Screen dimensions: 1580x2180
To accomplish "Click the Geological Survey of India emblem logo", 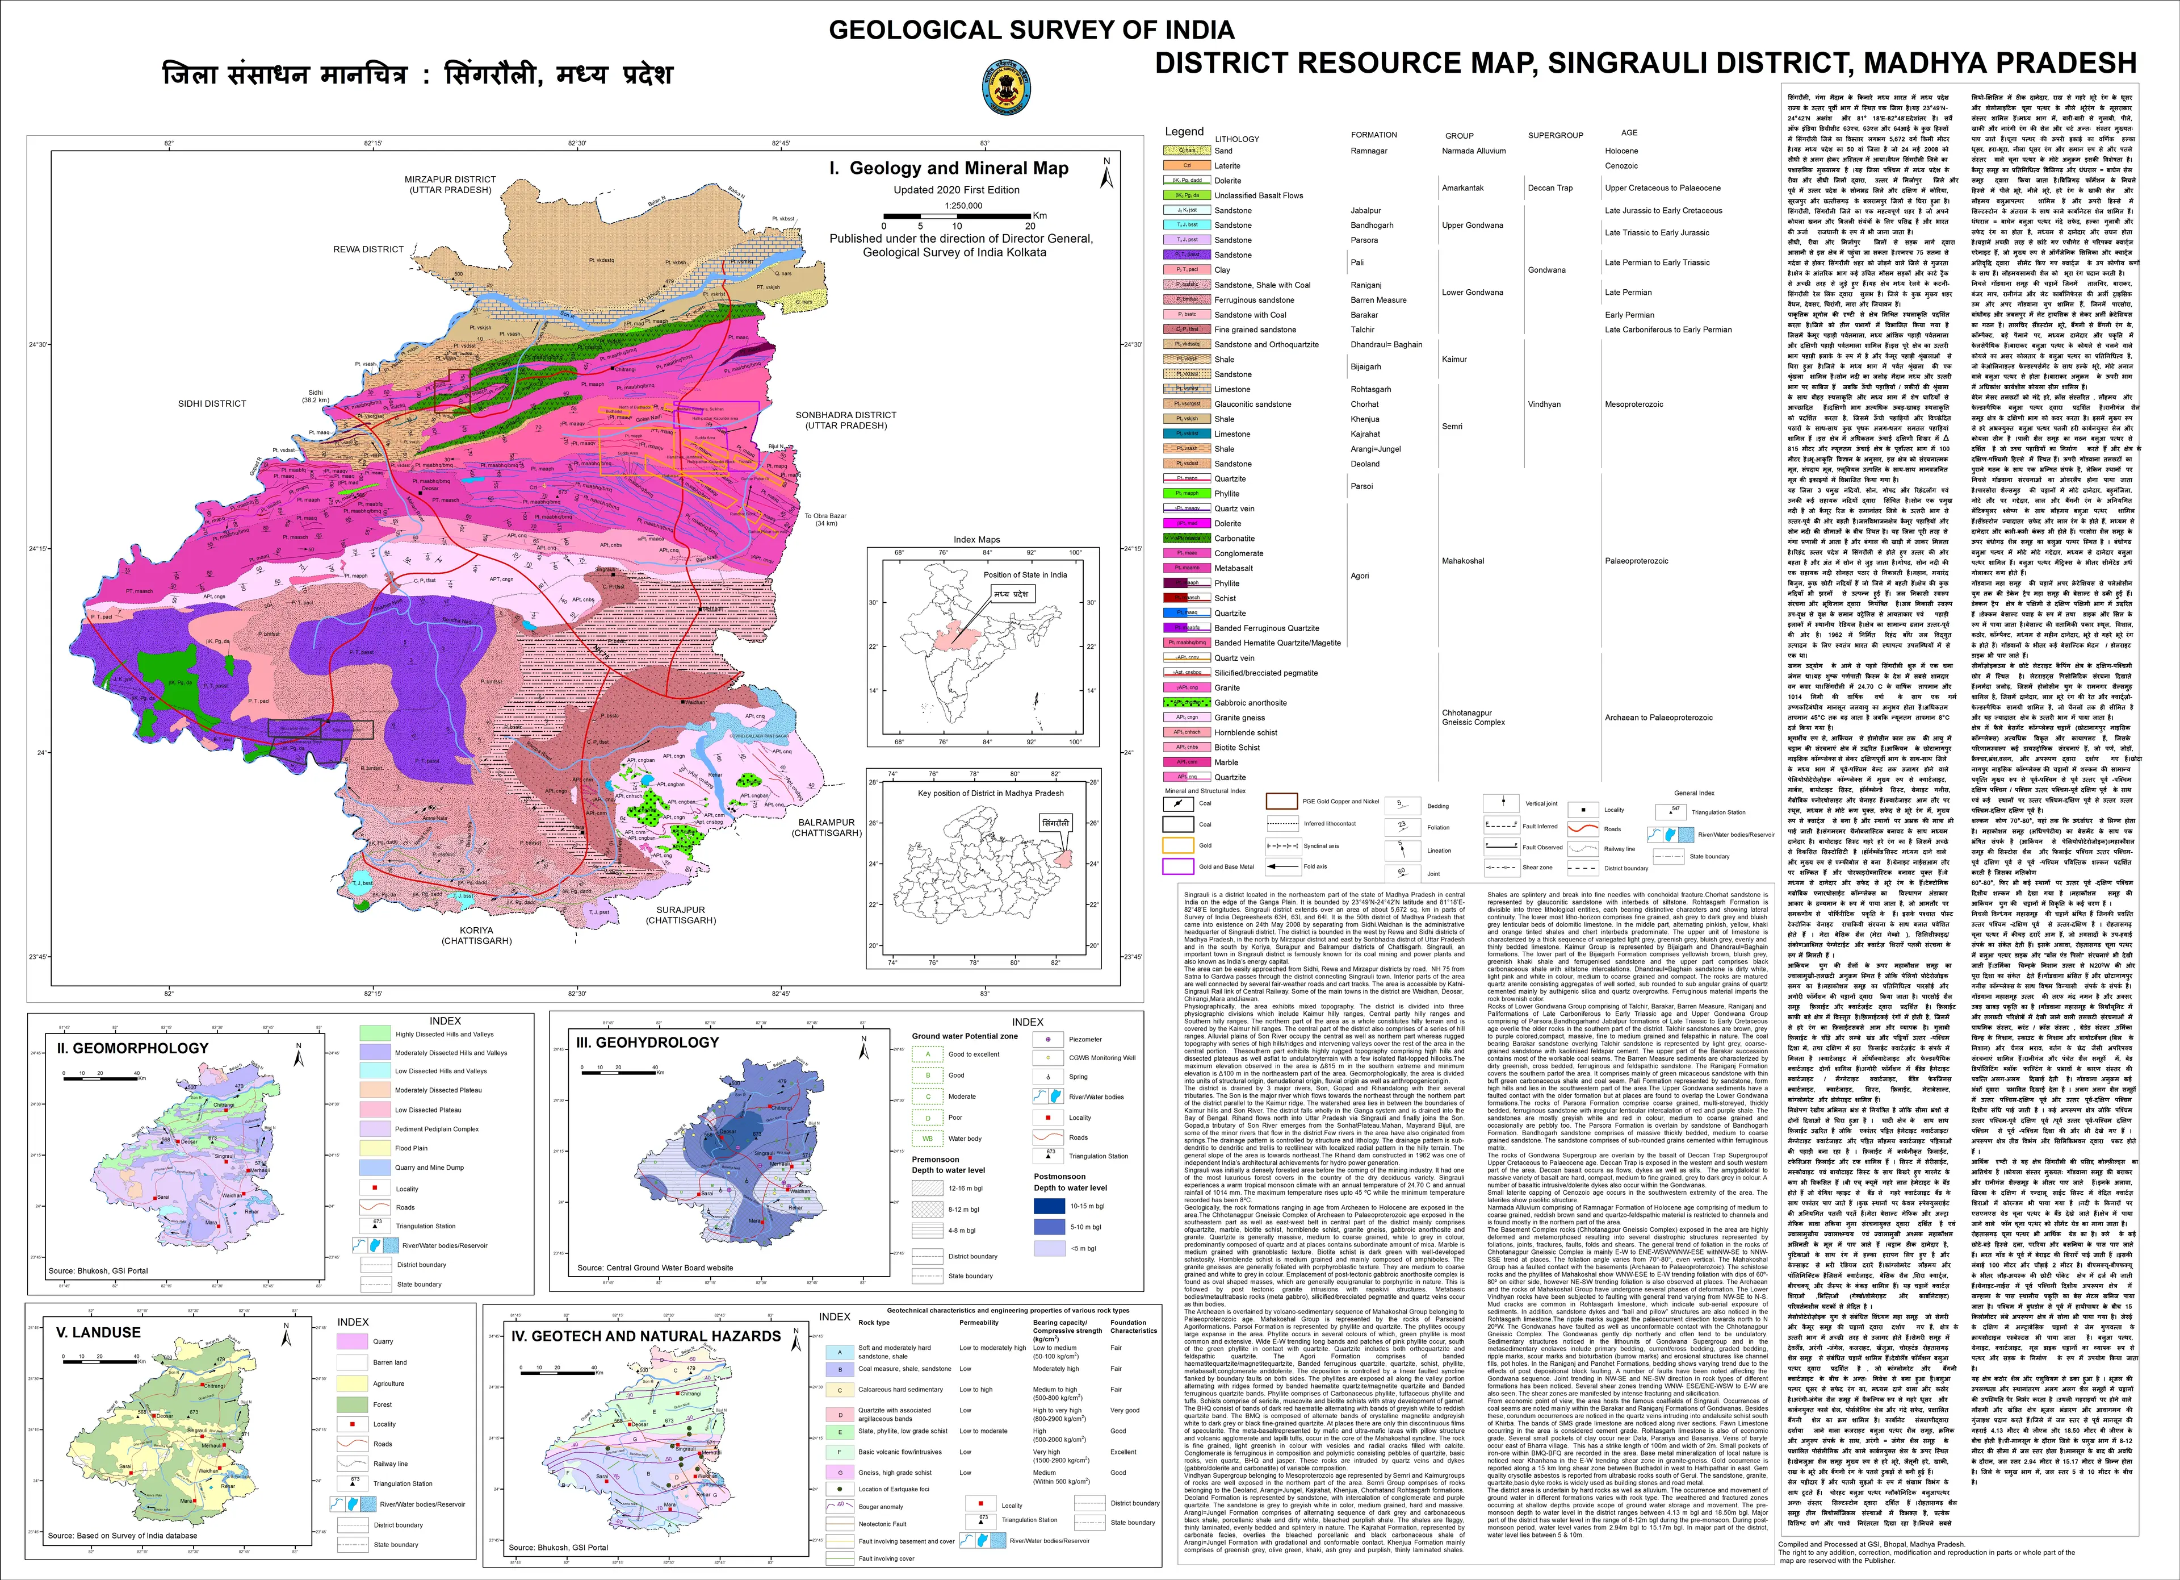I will click(1007, 89).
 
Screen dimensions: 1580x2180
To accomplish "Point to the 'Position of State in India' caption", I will click(1025, 575).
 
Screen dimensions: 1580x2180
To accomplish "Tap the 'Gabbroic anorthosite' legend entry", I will click(1250, 703).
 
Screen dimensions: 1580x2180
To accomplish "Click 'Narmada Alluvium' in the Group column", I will click(1474, 151).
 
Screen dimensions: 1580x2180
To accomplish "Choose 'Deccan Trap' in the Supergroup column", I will click(1549, 189).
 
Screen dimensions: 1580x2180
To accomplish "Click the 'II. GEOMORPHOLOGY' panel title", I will click(133, 1048).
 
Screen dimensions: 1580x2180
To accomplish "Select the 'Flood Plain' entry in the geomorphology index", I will click(412, 1148).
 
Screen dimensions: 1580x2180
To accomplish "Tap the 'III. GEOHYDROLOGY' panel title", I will click(647, 1043).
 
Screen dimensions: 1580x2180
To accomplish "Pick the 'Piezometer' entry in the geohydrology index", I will click(1084, 1040).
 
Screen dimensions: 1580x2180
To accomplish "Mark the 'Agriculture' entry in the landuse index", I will click(388, 1383).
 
